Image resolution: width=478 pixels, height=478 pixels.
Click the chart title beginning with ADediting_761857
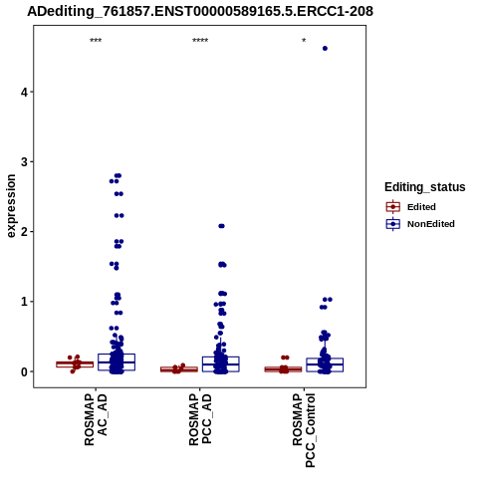tap(200, 11)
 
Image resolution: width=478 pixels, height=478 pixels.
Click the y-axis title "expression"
tap(11, 206)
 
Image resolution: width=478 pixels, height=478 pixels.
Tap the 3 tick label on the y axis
tap(25, 162)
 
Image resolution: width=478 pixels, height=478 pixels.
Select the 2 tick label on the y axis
tap(25, 232)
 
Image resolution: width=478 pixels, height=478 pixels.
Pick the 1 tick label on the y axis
tap(25, 302)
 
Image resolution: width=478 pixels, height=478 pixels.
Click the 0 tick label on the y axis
tap(25, 371)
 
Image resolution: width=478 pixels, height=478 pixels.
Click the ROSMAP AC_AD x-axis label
tap(96, 419)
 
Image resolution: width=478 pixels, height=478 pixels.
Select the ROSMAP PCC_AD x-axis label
tap(200, 419)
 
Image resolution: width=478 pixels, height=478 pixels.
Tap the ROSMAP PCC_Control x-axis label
tap(304, 430)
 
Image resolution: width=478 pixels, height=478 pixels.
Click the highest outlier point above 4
tap(325, 49)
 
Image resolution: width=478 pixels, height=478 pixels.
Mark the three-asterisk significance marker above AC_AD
tap(96, 41)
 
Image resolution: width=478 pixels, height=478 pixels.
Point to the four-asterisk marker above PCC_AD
tap(200, 41)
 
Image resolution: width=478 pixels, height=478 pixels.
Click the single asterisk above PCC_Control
tap(304, 41)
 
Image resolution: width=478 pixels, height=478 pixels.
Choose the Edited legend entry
tap(411, 207)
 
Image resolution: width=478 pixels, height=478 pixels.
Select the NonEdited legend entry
tap(420, 224)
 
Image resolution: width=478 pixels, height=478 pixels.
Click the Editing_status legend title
tap(425, 187)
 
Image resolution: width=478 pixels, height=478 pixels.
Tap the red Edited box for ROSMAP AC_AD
tap(75, 364)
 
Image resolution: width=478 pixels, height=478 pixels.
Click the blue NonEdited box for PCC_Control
tap(325, 364)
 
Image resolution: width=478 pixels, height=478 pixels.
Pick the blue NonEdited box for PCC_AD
tap(221, 364)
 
